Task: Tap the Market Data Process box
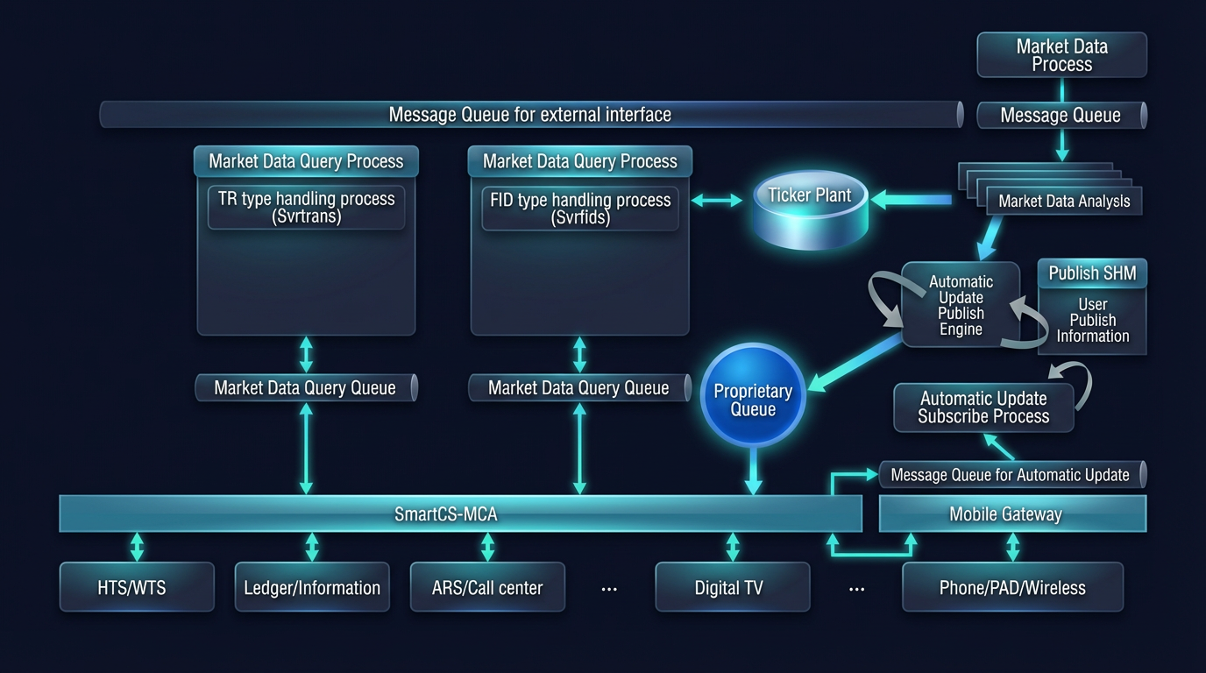coord(1061,55)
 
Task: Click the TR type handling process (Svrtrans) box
coord(306,208)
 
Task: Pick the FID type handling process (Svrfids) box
coord(580,209)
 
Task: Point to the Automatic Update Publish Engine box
coord(961,305)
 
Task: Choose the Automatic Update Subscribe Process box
coord(983,407)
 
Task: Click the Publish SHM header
coord(1092,273)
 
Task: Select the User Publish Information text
coord(1092,321)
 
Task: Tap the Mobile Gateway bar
coord(1011,514)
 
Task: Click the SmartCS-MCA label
coord(445,514)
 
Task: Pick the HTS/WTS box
coord(137,587)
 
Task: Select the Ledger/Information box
coord(312,587)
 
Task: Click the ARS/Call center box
coord(487,587)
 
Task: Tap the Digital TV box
coord(732,587)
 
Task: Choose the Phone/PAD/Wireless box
coord(1012,587)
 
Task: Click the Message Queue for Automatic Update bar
coord(1011,475)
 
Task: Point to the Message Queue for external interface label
coord(529,115)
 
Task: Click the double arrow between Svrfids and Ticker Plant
coord(717,201)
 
